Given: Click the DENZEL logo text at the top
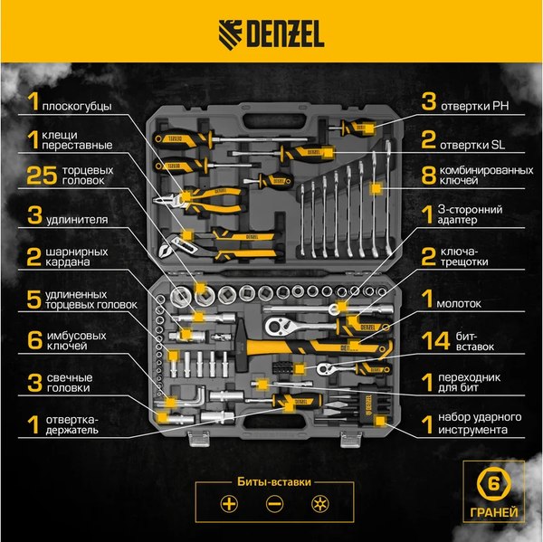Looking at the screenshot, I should tap(287, 36).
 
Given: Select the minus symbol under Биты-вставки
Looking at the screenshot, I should tap(272, 504).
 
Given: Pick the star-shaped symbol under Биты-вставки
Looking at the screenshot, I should tap(317, 504).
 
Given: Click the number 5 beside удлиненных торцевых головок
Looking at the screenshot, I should tap(33, 300).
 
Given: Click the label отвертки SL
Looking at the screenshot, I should tap(480, 142).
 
